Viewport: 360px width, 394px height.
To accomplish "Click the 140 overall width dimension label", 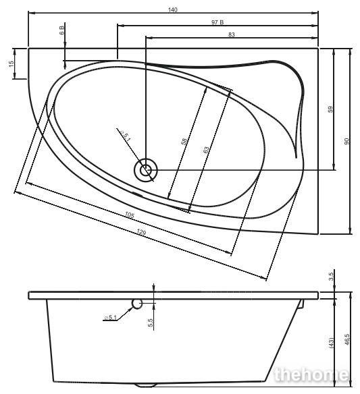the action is [x=173, y=10].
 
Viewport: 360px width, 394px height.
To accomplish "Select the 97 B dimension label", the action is [x=217, y=22].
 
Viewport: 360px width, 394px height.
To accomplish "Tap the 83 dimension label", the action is [x=232, y=34].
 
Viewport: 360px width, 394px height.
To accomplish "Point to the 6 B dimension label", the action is [x=62, y=30].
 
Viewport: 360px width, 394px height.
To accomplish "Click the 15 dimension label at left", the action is [x=11, y=63].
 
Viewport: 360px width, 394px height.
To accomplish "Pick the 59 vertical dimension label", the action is [x=330, y=109].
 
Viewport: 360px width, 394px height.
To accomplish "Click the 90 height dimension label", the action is [x=347, y=141].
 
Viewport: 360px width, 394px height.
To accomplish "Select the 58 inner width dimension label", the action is [x=184, y=142].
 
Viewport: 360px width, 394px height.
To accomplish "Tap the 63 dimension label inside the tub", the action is [x=206, y=150].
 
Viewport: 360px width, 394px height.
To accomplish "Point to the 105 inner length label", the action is [x=130, y=215].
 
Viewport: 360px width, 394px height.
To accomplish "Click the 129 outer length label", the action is [x=141, y=233].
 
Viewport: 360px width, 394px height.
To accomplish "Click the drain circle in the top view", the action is [x=146, y=171].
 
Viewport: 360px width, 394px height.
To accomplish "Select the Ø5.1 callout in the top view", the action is [x=126, y=136].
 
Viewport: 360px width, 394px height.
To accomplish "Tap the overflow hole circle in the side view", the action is [x=137, y=304].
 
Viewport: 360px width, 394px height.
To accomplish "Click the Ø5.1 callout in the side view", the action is [x=111, y=317].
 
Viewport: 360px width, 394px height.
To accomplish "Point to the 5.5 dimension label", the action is [x=151, y=322].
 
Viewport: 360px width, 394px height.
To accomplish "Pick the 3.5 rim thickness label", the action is [x=331, y=277].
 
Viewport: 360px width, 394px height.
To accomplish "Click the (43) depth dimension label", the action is [x=331, y=343].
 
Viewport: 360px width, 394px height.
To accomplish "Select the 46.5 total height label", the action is [x=347, y=339].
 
